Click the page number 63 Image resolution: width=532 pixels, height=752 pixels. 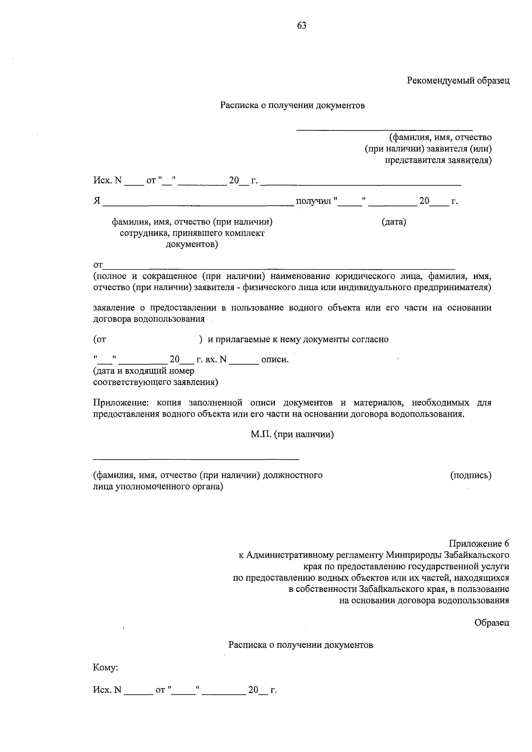pyautogui.click(x=301, y=25)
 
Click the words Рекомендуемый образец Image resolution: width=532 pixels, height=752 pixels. pyautogui.click(x=458, y=81)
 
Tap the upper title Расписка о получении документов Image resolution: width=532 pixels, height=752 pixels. pyautogui.click(x=292, y=106)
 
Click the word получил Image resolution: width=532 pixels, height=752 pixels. pyautogui.click(x=313, y=201)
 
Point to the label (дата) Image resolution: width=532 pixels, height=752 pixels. pyautogui.click(x=394, y=221)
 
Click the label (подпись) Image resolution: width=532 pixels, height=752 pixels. pyautogui.click(x=471, y=475)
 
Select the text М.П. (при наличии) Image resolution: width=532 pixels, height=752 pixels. pyautogui.click(x=292, y=434)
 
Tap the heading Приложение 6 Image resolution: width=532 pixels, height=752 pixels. pyautogui.click(x=479, y=543)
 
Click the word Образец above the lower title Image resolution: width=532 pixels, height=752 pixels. pyautogui.click(x=492, y=622)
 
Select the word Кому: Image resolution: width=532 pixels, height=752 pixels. pyautogui.click(x=105, y=667)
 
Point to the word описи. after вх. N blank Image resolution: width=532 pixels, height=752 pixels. pyautogui.click(x=275, y=359)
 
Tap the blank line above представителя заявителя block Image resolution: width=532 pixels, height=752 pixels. pyautogui.click(x=384, y=130)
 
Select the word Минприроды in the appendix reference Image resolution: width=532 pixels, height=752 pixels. pyautogui.click(x=413, y=555)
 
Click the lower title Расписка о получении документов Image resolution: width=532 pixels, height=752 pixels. pyautogui.click(x=301, y=645)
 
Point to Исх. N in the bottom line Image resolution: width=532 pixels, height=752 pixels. pyautogui.click(x=107, y=690)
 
